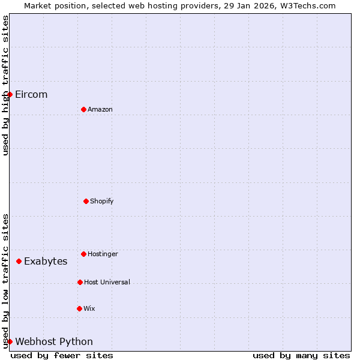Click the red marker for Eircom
pos(10,95)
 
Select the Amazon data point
pos(83,109)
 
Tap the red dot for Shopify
pos(86,201)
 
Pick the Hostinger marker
pos(83,254)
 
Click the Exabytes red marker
pos(19,261)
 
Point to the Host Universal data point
pos(80,282)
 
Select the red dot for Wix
pos(79,308)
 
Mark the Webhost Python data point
pos(10,341)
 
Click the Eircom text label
pos(31,95)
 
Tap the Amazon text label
pos(100,109)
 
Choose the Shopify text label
pos(102,201)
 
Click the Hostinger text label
pos(103,254)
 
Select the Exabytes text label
pos(46,261)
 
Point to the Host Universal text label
pos(107,282)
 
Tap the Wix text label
pos(89,308)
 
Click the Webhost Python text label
pos(54,341)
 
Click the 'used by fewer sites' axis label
pos(62,355)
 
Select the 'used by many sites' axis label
pos(301,355)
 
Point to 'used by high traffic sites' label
pos(5,85)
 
